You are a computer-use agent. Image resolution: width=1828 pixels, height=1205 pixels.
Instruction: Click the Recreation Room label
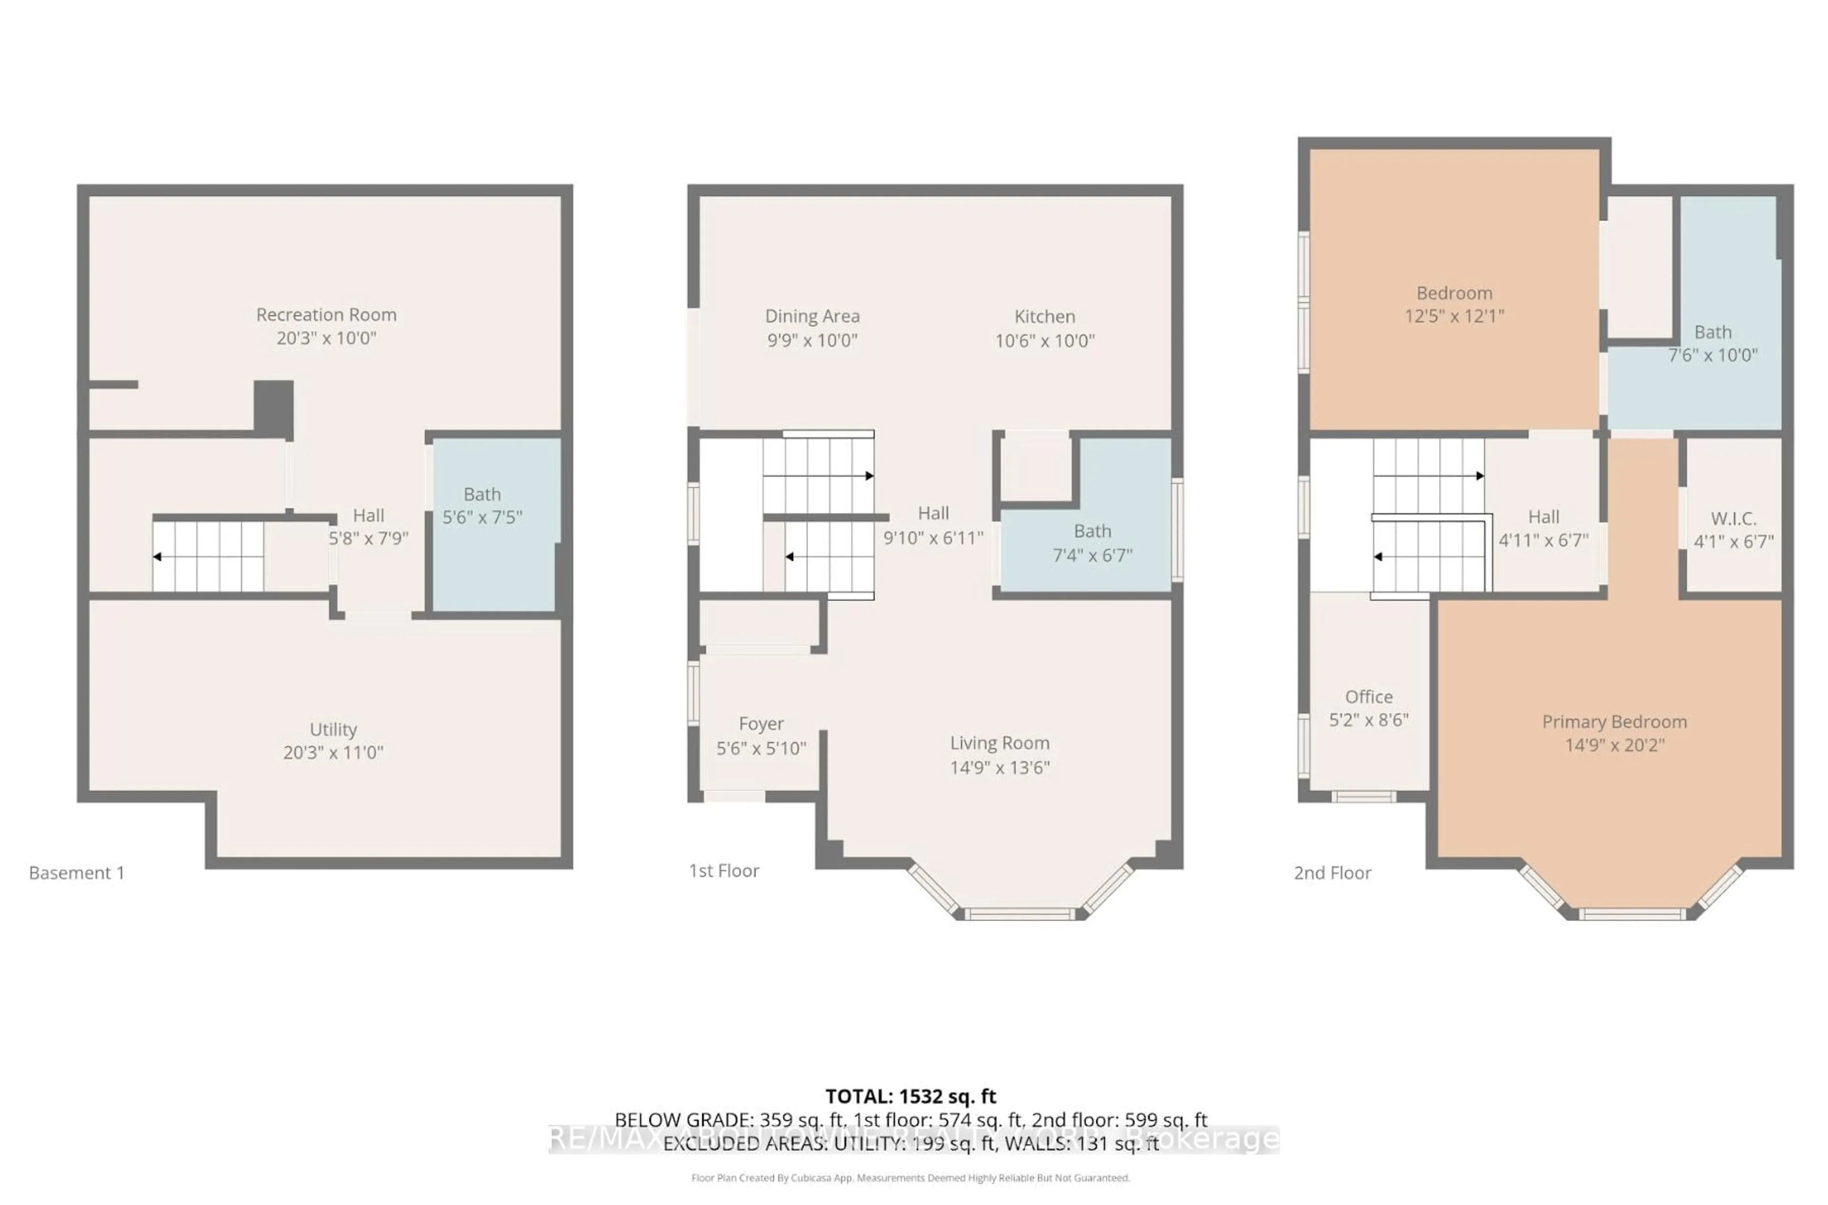click(x=327, y=314)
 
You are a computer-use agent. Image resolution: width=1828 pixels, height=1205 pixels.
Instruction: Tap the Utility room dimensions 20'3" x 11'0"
click(x=333, y=753)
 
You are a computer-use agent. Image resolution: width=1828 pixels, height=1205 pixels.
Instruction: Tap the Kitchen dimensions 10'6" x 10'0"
click(x=1044, y=341)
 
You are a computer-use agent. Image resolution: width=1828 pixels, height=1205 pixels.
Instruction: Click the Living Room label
click(x=999, y=743)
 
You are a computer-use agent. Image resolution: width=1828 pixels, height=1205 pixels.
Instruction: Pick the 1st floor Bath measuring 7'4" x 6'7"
click(x=1092, y=542)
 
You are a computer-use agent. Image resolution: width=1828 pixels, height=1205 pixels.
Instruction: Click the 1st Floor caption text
click(x=724, y=871)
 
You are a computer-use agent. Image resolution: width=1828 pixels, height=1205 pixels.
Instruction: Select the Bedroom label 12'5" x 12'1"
click(x=1454, y=293)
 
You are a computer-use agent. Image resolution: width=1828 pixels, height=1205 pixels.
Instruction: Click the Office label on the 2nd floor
click(x=1369, y=697)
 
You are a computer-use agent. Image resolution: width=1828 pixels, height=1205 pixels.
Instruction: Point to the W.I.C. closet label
click(x=1734, y=519)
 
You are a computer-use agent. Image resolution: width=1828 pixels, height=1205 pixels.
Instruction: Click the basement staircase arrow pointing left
click(x=158, y=556)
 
